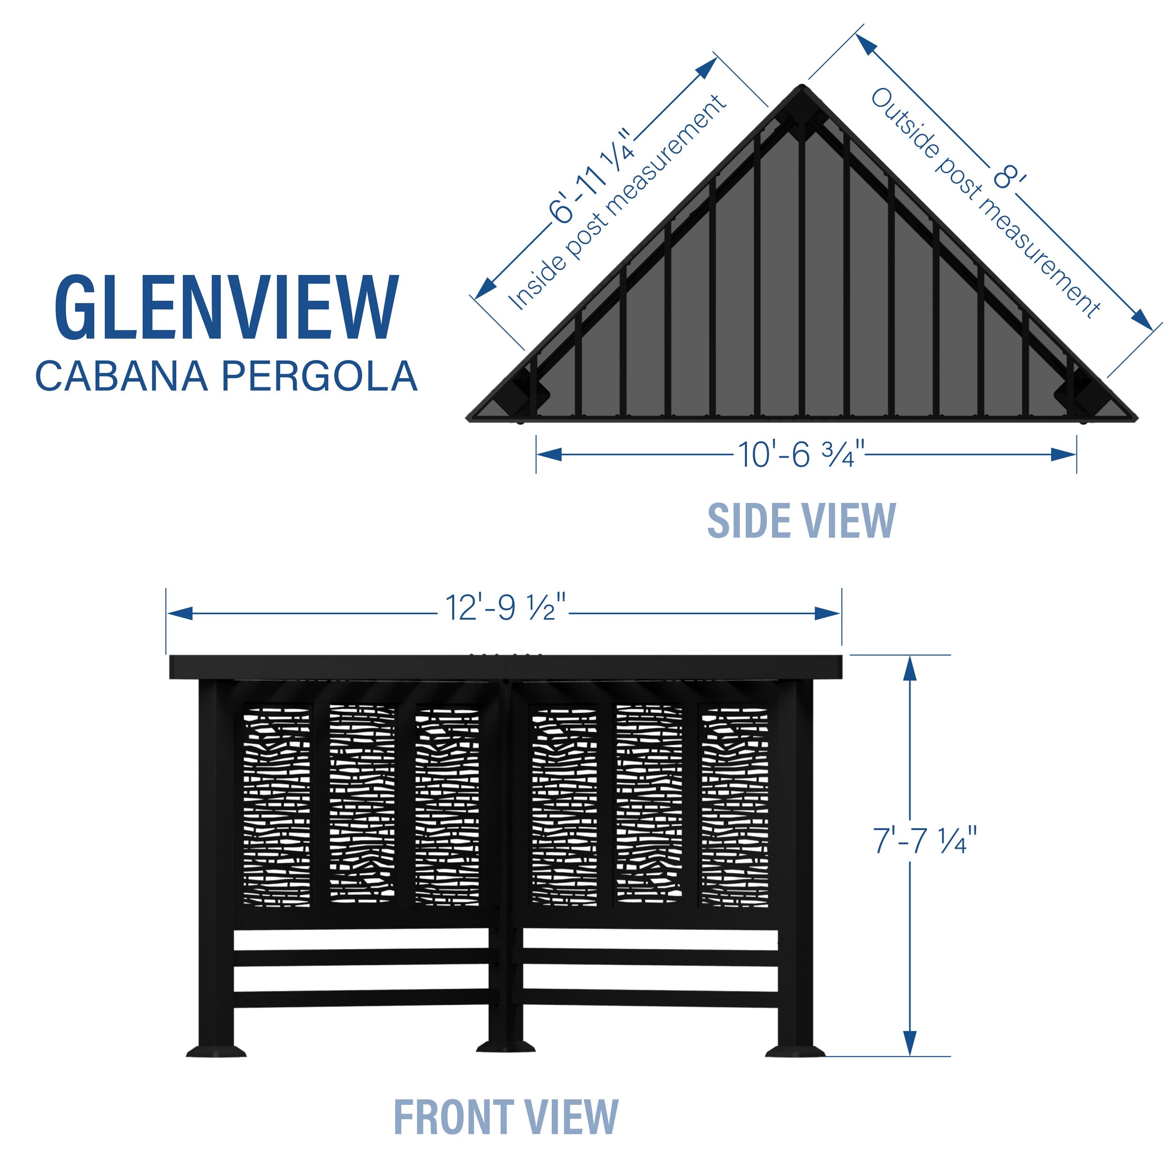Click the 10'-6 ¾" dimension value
click(800, 454)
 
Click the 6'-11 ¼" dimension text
click(591, 176)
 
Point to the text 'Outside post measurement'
click(985, 203)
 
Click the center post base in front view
click(505, 1047)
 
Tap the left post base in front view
click(216, 1050)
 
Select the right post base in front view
click(794, 1050)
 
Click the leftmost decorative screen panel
click(276, 806)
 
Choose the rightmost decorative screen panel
click(734, 806)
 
